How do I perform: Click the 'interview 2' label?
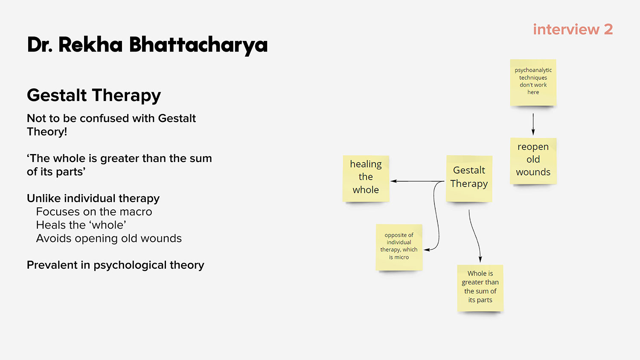(x=573, y=29)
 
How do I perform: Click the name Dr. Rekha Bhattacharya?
(x=147, y=45)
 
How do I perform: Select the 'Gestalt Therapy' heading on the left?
(x=94, y=96)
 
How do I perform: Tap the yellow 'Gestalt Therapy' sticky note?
(x=469, y=179)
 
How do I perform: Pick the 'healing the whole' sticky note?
(x=366, y=179)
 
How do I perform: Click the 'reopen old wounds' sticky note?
(x=533, y=161)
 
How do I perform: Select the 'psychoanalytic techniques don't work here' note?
(x=533, y=83)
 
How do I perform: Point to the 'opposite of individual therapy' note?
(x=399, y=247)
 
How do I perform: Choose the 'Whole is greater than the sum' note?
(x=480, y=288)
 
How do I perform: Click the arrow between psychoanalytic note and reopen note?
(x=533, y=124)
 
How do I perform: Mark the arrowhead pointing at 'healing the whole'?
(x=393, y=181)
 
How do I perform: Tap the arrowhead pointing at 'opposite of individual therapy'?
(x=427, y=250)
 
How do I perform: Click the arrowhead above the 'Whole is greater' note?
(x=480, y=259)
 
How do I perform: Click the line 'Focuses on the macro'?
(x=94, y=212)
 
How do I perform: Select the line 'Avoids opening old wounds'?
(x=109, y=238)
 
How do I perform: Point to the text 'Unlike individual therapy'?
(x=93, y=199)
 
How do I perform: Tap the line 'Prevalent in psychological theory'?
(x=116, y=265)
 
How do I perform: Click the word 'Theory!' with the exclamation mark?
(x=47, y=132)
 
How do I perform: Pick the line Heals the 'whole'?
(x=81, y=225)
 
